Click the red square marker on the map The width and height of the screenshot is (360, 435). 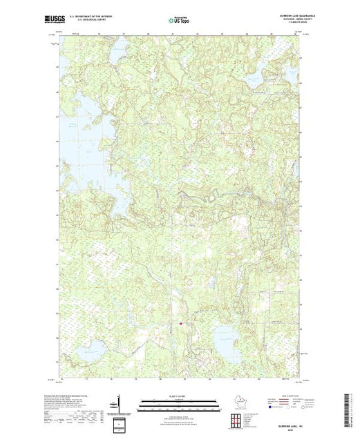(x=180, y=322)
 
